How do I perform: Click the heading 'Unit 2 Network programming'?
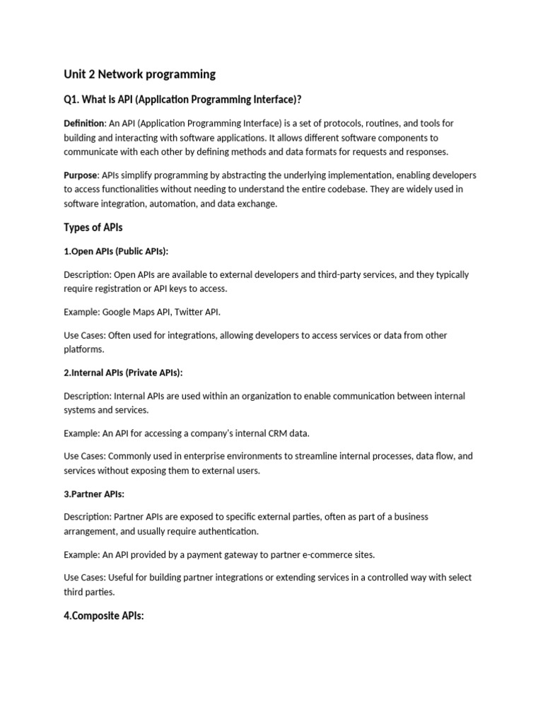[139, 74]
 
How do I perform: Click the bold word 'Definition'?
[84, 124]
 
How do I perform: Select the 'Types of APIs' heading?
[93, 227]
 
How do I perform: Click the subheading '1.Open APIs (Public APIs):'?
[116, 251]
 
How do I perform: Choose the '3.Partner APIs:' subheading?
[94, 494]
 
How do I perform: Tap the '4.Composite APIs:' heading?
[104, 616]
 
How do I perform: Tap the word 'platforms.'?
[83, 349]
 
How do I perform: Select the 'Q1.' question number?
[72, 98]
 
